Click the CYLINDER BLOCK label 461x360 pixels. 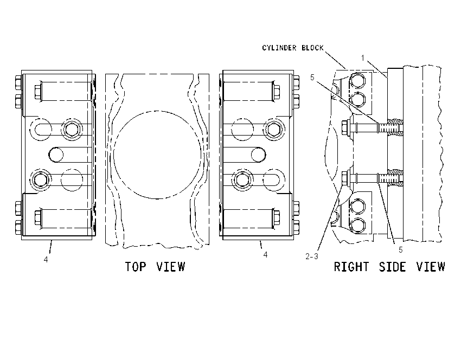click(x=293, y=48)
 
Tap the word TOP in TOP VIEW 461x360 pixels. click(x=136, y=267)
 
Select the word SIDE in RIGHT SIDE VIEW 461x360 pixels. click(x=392, y=267)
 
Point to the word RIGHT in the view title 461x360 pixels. click(x=351, y=267)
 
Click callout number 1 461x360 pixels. click(x=363, y=58)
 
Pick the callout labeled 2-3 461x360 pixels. click(x=312, y=256)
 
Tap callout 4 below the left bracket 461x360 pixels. click(x=46, y=260)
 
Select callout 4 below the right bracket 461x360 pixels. click(x=265, y=255)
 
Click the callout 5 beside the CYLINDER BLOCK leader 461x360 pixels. click(x=312, y=78)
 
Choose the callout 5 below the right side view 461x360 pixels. click(x=400, y=250)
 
